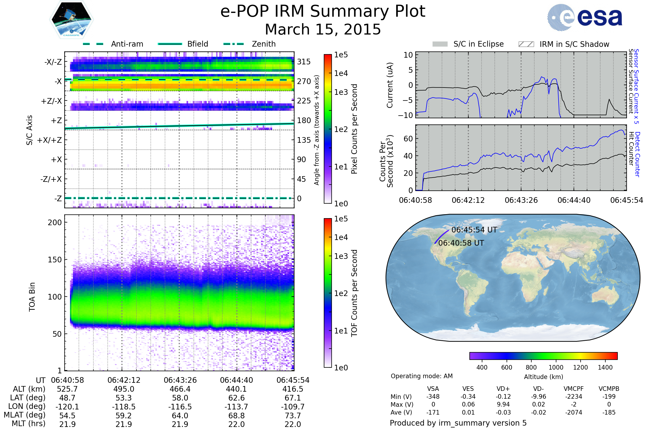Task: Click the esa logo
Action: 585,17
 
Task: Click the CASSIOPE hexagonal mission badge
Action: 71,19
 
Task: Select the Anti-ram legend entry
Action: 113,44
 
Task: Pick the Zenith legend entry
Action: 250,44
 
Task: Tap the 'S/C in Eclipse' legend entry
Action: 468,44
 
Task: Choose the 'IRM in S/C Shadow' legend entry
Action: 564,44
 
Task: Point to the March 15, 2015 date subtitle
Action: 323,29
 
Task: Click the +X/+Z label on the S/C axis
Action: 50,140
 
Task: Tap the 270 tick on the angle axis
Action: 304,81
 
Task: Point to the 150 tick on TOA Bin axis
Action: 55,260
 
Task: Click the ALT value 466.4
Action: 180,389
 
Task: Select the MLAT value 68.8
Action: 237,416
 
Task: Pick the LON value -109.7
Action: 293,407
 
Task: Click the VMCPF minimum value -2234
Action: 574,397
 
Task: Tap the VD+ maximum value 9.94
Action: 503,404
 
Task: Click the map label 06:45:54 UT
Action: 474,230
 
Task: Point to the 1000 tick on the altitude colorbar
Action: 556,367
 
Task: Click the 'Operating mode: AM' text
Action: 422,376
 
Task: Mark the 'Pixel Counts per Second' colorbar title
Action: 354,129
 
